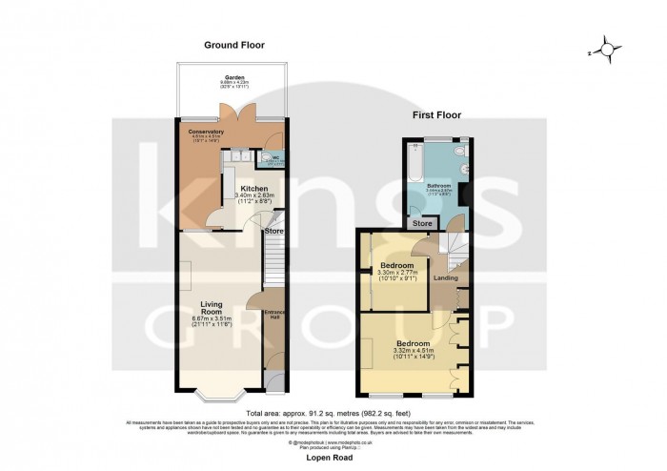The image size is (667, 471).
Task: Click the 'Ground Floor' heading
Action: (x=233, y=45)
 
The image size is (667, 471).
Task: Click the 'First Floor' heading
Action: (x=436, y=114)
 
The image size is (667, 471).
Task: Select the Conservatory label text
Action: (x=206, y=133)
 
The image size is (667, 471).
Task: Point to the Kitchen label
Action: (x=253, y=189)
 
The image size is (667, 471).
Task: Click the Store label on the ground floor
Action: (x=273, y=231)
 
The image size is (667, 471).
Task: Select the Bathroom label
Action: (x=438, y=184)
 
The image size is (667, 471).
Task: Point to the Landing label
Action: (x=446, y=278)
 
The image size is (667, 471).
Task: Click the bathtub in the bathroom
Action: (x=414, y=163)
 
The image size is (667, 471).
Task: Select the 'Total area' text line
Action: (x=333, y=413)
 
